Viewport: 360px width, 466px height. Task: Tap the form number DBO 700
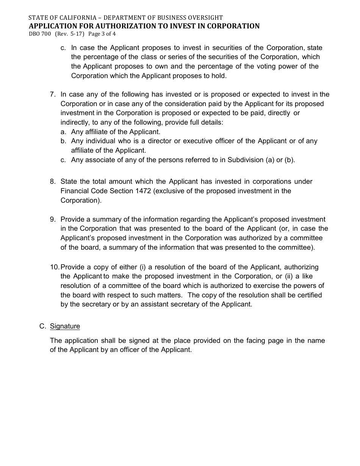[40, 34]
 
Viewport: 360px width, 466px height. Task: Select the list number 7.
[53, 94]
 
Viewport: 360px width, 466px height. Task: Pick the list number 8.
[53, 181]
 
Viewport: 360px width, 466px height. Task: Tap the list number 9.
[53, 219]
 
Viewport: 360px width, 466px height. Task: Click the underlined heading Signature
[65, 326]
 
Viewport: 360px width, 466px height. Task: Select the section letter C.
[42, 326]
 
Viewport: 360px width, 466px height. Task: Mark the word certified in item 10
[308, 295]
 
